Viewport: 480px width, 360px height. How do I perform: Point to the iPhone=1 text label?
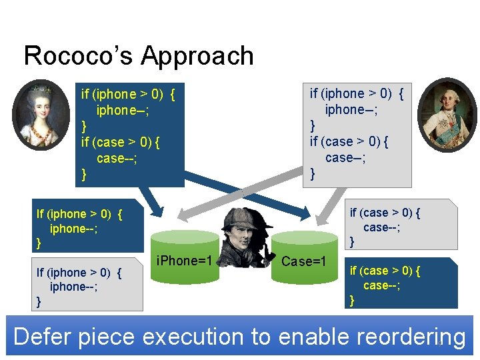point(183,261)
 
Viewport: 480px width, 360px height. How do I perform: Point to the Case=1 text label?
point(303,261)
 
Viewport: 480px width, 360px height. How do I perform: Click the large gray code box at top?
point(357,133)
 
